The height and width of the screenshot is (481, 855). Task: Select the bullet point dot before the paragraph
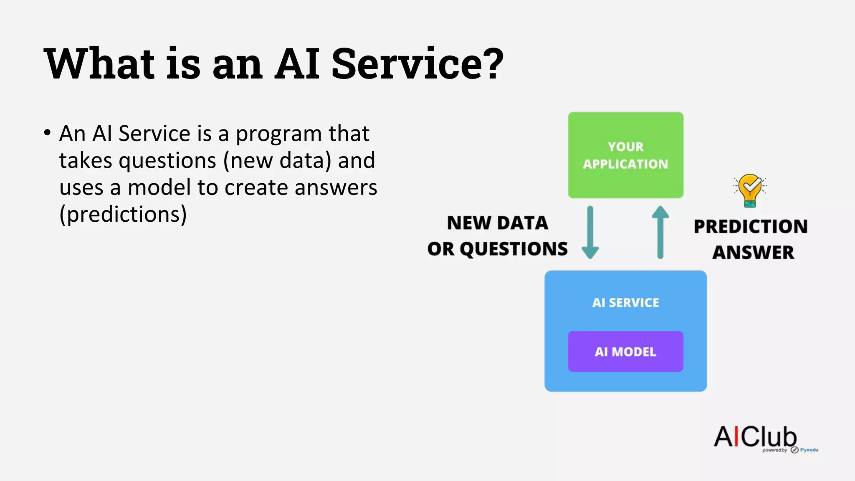tap(47, 133)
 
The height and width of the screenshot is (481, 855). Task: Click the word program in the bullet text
tap(278, 134)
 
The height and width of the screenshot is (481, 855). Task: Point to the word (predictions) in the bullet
tap(123, 215)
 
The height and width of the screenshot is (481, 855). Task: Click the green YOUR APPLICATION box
tap(625, 155)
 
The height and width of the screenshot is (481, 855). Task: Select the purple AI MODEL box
tap(625, 352)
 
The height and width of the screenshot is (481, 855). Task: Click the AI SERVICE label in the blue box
tap(625, 302)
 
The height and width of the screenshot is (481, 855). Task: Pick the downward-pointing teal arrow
tap(590, 233)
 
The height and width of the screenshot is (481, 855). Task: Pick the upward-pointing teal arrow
tap(660, 233)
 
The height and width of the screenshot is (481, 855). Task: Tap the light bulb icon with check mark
tap(750, 190)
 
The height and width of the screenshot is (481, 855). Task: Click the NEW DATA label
tap(497, 223)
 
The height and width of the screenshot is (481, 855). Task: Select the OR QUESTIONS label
tap(497, 249)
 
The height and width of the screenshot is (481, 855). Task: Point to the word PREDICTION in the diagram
tap(750, 227)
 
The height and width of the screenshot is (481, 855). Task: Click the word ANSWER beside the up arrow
tap(753, 252)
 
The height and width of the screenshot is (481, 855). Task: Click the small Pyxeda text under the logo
tap(809, 450)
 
